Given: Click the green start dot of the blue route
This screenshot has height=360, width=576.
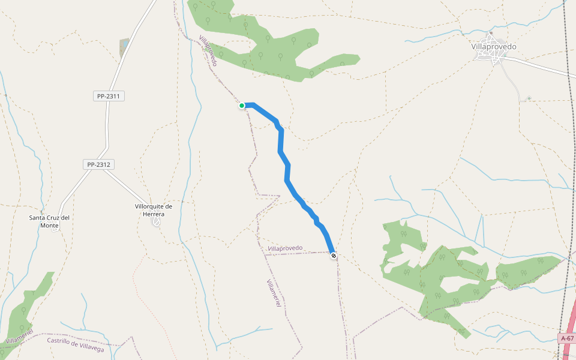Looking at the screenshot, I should tap(242, 106).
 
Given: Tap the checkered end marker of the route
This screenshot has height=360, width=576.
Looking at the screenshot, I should tap(334, 256).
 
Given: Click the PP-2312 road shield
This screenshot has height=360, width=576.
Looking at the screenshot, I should tap(99, 164).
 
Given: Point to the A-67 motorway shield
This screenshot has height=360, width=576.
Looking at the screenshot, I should tap(567, 338).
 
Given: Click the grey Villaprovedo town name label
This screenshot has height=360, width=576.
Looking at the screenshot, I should tap(494, 46).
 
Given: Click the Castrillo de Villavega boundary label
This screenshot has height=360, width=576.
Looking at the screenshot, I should tap(76, 344).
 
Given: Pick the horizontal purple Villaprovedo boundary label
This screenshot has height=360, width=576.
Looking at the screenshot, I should tap(286, 248).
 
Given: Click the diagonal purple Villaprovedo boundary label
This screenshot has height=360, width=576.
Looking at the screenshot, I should tap(208, 50).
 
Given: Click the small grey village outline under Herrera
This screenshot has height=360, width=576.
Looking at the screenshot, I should tap(157, 222).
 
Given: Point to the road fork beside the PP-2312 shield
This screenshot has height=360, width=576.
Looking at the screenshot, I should tap(106, 170).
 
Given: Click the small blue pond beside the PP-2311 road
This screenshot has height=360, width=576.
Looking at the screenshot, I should tap(124, 47).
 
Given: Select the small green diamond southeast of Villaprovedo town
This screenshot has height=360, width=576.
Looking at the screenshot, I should tap(529, 98).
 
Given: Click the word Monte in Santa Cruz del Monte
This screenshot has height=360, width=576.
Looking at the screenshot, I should tap(49, 225).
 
